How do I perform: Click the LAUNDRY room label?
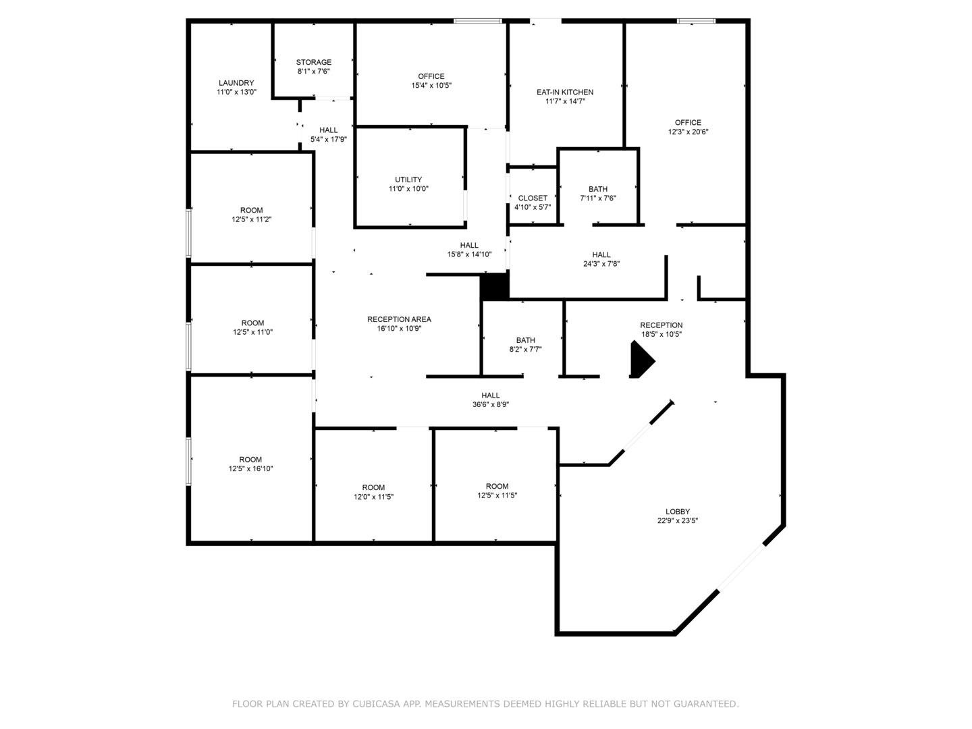[x=236, y=83]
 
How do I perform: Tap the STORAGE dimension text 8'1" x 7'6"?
[x=313, y=72]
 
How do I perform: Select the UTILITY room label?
[x=408, y=180]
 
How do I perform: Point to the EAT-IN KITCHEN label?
[x=565, y=92]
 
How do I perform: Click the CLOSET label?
[x=533, y=198]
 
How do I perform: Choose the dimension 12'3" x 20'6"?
[x=688, y=132]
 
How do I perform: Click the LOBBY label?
[x=678, y=512]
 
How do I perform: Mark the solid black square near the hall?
[x=495, y=286]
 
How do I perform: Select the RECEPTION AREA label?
[x=399, y=319]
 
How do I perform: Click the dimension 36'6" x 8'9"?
[x=491, y=404]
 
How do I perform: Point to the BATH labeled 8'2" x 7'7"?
[x=526, y=340]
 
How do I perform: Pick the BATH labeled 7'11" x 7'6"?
[x=598, y=190]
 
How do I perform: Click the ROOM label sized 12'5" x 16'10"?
[x=250, y=460]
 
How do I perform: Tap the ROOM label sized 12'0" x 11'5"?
[x=373, y=488]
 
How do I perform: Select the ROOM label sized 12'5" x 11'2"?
[x=252, y=211]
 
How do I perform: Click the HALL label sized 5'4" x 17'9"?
[x=329, y=130]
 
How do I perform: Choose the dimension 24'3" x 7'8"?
[x=601, y=264]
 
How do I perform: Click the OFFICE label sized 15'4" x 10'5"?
[x=431, y=76]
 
